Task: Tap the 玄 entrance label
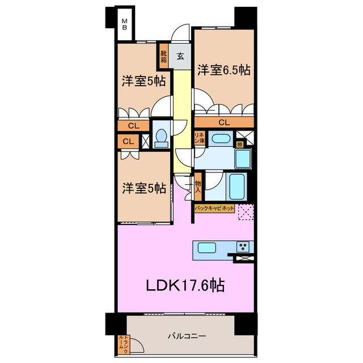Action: pyautogui.click(x=180, y=56)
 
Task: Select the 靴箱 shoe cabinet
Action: pyautogui.click(x=163, y=56)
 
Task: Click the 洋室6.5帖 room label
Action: pyautogui.click(x=223, y=70)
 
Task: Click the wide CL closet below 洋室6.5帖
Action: pyautogui.click(x=223, y=122)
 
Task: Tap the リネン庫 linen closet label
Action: pyautogui.click(x=199, y=137)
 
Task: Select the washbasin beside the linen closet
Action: pyautogui.click(x=218, y=138)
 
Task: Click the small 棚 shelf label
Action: pyautogui.click(x=240, y=144)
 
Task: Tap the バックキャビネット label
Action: pyautogui.click(x=214, y=209)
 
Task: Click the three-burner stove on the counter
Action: pyautogui.click(x=243, y=247)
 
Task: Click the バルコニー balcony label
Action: pyautogui.click(x=187, y=336)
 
